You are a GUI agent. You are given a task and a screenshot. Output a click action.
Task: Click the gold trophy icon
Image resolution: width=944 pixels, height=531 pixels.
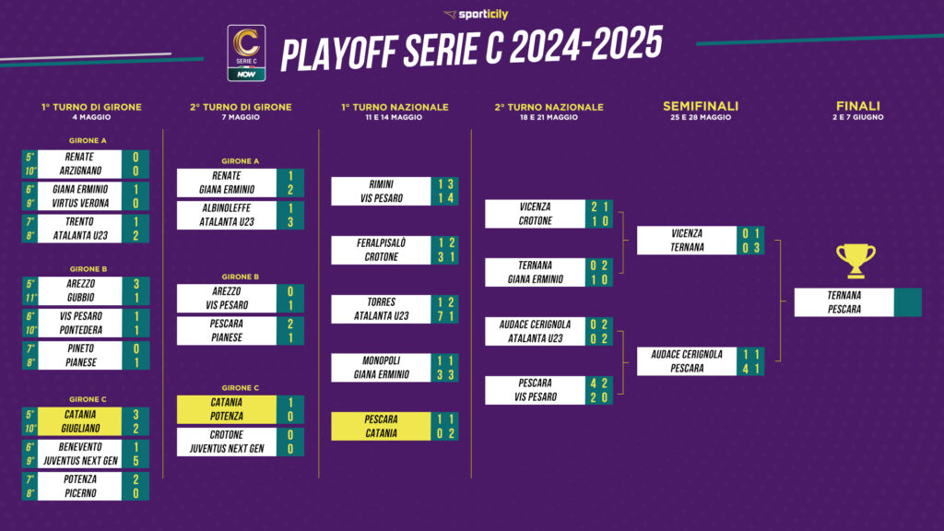coord(855,261)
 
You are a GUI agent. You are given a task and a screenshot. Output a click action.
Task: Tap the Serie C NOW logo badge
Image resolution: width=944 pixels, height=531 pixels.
coord(246,53)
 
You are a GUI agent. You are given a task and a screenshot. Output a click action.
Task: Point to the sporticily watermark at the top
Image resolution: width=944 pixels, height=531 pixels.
coord(476,14)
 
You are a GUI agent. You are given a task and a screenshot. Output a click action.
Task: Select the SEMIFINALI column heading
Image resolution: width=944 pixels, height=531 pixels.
coord(701,106)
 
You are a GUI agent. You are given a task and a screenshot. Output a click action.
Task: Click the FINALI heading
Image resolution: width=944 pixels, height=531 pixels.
coord(858,106)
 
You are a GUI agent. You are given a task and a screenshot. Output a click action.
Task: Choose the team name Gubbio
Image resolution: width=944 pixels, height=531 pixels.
coord(80,298)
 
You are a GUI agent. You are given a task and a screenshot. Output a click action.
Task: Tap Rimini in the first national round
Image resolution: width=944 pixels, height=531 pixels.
coord(381,184)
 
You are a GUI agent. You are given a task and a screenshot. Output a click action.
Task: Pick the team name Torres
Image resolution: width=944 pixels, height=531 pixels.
coord(381,302)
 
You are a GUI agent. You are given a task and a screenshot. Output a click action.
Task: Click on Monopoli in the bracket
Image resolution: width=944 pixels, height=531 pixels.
coord(381,360)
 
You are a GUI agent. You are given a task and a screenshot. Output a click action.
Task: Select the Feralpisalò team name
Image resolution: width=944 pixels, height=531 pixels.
coord(381,243)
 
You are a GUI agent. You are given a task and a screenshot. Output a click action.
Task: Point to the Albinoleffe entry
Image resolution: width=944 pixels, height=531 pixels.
coord(227,208)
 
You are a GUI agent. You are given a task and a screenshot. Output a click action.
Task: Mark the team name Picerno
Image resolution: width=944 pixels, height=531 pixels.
coord(80,494)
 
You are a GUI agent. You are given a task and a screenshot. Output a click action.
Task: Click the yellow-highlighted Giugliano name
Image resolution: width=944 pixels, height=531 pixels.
coord(80,429)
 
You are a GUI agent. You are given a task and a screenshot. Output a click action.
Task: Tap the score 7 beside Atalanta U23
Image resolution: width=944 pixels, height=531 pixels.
coord(442,317)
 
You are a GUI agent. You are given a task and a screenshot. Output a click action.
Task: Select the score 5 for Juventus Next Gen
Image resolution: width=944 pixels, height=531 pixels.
coord(136,461)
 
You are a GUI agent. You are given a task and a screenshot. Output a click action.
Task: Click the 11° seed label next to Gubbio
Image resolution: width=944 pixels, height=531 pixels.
coord(30,298)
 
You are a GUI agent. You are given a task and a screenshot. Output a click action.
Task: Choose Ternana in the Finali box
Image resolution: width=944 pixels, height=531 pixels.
coord(844,296)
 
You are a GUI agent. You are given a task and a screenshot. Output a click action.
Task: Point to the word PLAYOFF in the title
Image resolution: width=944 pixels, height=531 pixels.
coord(338,52)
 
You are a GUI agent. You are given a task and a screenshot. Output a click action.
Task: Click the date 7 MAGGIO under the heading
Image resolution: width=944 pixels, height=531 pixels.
coord(241,117)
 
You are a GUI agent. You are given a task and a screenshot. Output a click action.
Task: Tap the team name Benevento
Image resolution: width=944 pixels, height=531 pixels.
coord(80,447)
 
